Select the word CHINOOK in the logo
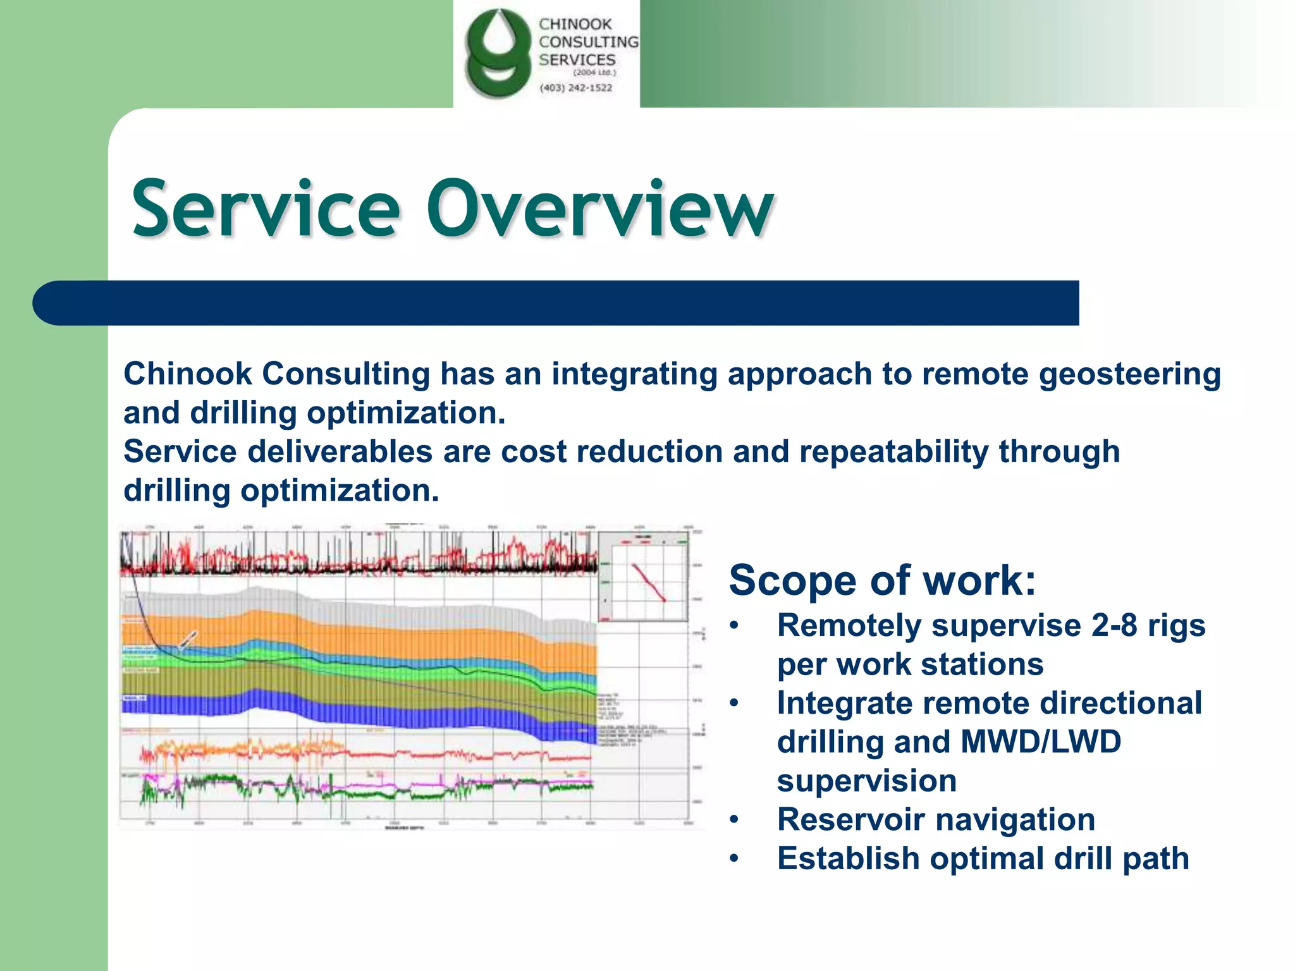(x=575, y=24)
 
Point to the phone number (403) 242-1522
(x=575, y=88)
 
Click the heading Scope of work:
(x=882, y=580)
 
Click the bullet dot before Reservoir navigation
(x=733, y=821)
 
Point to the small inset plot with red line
(x=643, y=577)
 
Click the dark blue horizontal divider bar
(x=556, y=303)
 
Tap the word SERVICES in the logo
(x=577, y=60)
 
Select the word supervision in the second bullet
(x=866, y=781)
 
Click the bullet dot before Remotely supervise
(x=733, y=626)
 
